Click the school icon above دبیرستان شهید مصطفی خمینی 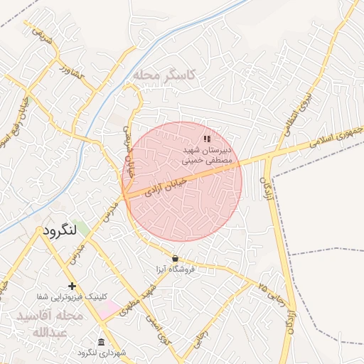tap(207, 139)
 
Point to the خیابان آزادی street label tap(165, 187)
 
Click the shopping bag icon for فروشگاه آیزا tap(176, 257)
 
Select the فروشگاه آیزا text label tap(176, 269)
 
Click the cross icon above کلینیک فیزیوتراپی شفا tap(72, 285)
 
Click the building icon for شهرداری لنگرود tap(101, 342)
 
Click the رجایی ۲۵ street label tap(273, 295)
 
